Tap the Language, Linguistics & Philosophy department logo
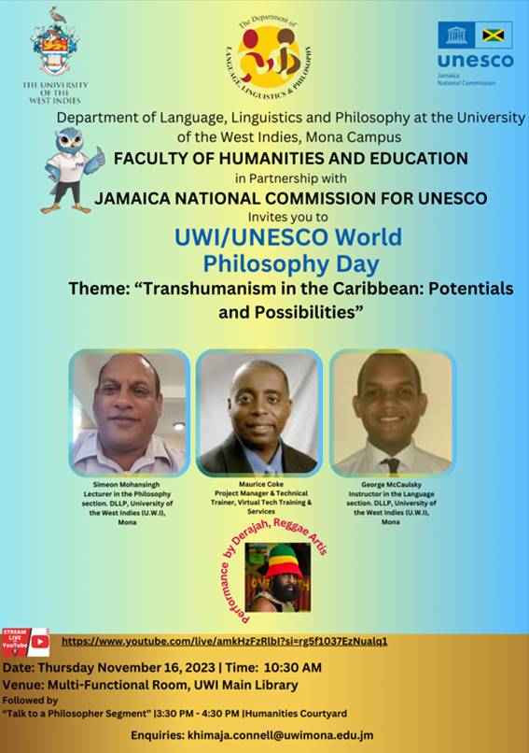pos(268,58)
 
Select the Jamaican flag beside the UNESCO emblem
pos(494,36)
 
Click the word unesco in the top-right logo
pos(475,62)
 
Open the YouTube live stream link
pos(224,641)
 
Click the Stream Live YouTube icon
pos(25,642)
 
